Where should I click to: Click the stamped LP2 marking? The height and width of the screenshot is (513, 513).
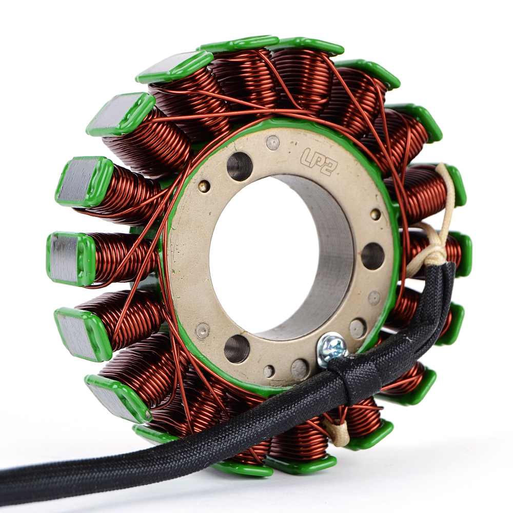tap(317, 161)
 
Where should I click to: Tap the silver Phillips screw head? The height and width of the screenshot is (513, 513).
tap(332, 347)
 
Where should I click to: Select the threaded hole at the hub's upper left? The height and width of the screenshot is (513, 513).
tap(240, 166)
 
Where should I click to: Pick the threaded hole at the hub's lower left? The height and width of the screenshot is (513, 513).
tap(238, 349)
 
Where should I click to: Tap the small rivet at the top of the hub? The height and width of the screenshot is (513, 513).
tap(273, 143)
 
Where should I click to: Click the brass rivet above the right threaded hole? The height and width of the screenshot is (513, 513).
tap(376, 214)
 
